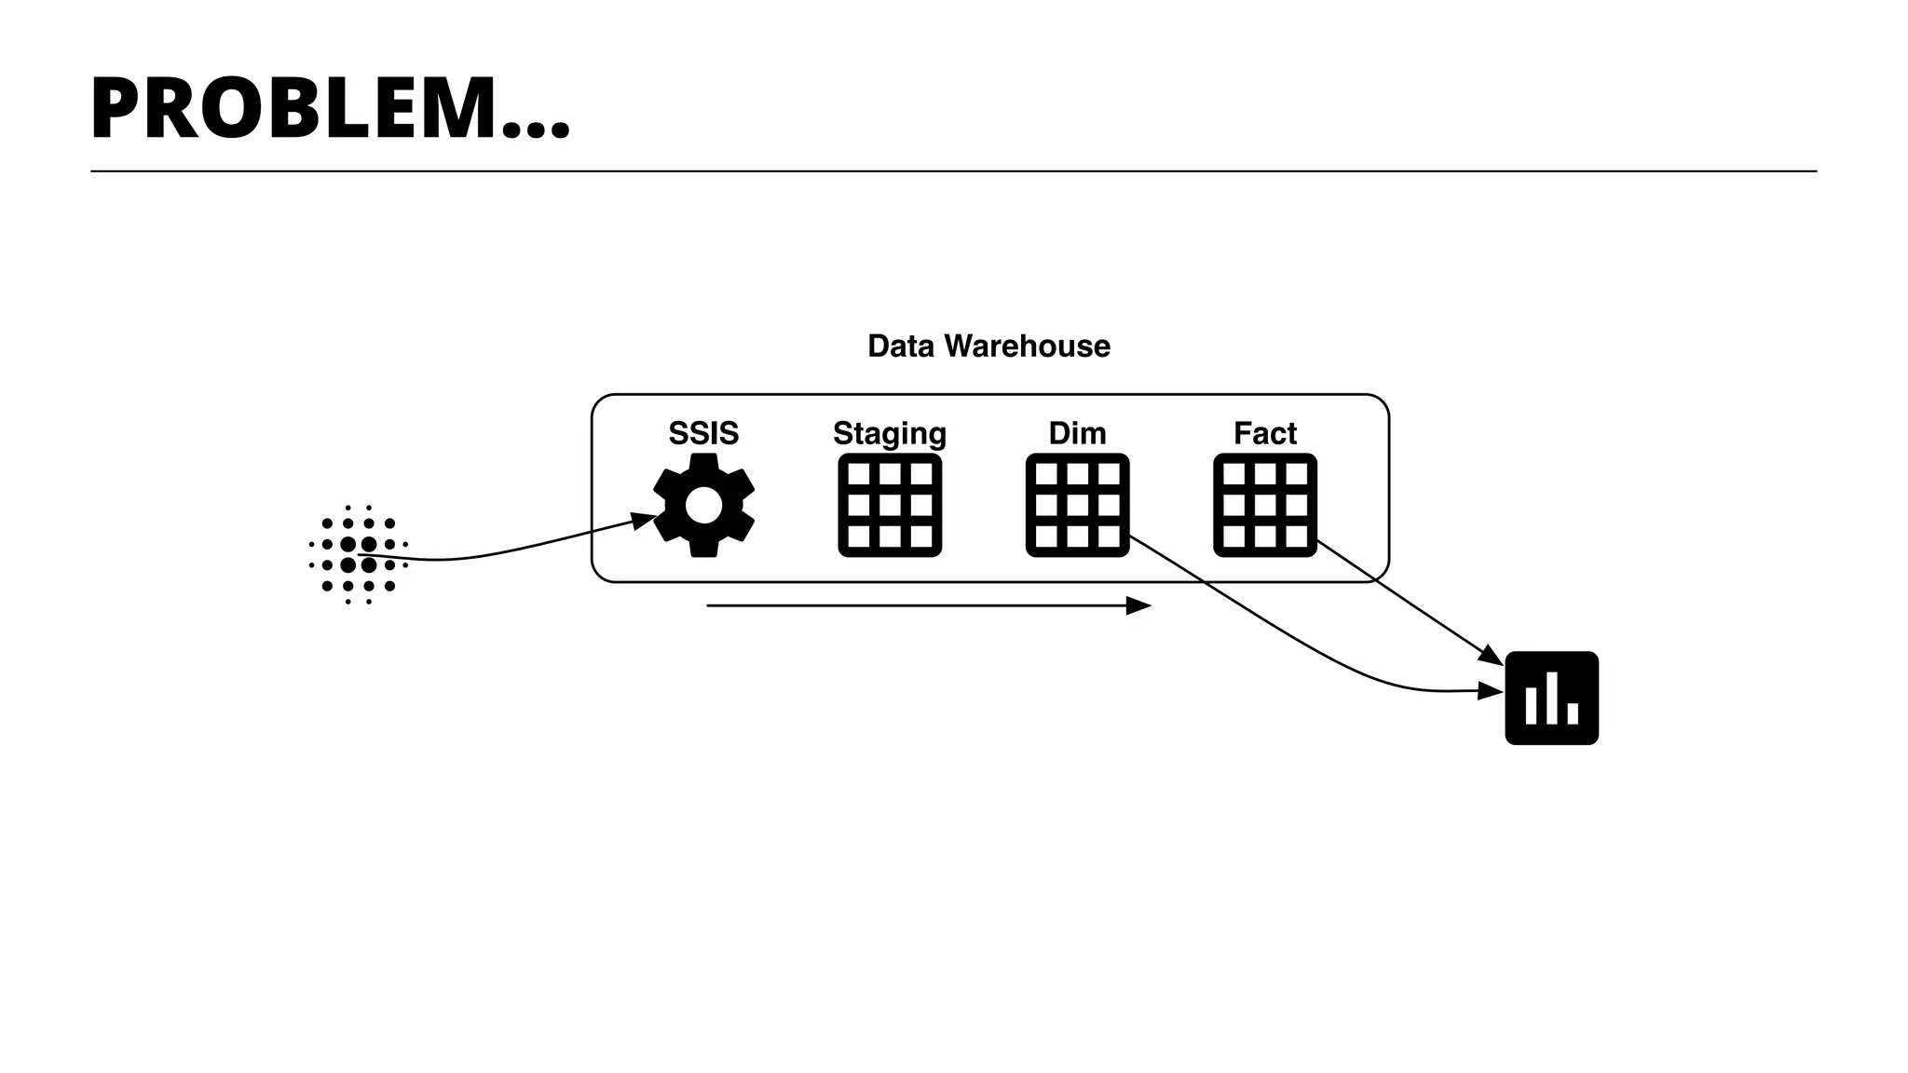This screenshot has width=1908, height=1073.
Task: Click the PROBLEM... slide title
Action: pyautogui.click(x=330, y=109)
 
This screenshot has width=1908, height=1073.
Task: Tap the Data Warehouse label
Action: pyautogui.click(x=988, y=346)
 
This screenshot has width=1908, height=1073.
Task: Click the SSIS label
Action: pyautogui.click(x=703, y=433)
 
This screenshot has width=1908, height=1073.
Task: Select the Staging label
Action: pyautogui.click(x=889, y=434)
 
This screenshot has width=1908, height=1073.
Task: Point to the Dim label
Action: pyautogui.click(x=1077, y=433)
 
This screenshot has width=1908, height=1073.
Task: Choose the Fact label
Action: pyautogui.click(x=1264, y=433)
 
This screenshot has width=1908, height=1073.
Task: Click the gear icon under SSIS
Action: pyautogui.click(x=703, y=506)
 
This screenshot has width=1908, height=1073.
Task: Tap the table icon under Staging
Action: pyautogui.click(x=890, y=506)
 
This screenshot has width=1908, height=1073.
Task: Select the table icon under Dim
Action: pyautogui.click(x=1077, y=506)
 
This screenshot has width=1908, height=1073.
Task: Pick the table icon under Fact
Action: pyautogui.click(x=1264, y=506)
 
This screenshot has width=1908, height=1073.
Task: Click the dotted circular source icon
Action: pyautogui.click(x=359, y=555)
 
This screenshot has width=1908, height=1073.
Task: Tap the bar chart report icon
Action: pyautogui.click(x=1551, y=698)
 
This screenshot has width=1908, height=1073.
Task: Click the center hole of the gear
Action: pyautogui.click(x=703, y=506)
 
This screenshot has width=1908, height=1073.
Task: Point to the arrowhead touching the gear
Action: pyautogui.click(x=645, y=520)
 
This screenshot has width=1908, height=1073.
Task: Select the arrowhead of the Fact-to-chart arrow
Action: pyautogui.click(x=1492, y=658)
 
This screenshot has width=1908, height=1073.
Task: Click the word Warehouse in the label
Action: pyautogui.click(x=1027, y=346)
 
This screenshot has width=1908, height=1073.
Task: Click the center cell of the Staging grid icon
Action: pyautogui.click(x=890, y=506)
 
